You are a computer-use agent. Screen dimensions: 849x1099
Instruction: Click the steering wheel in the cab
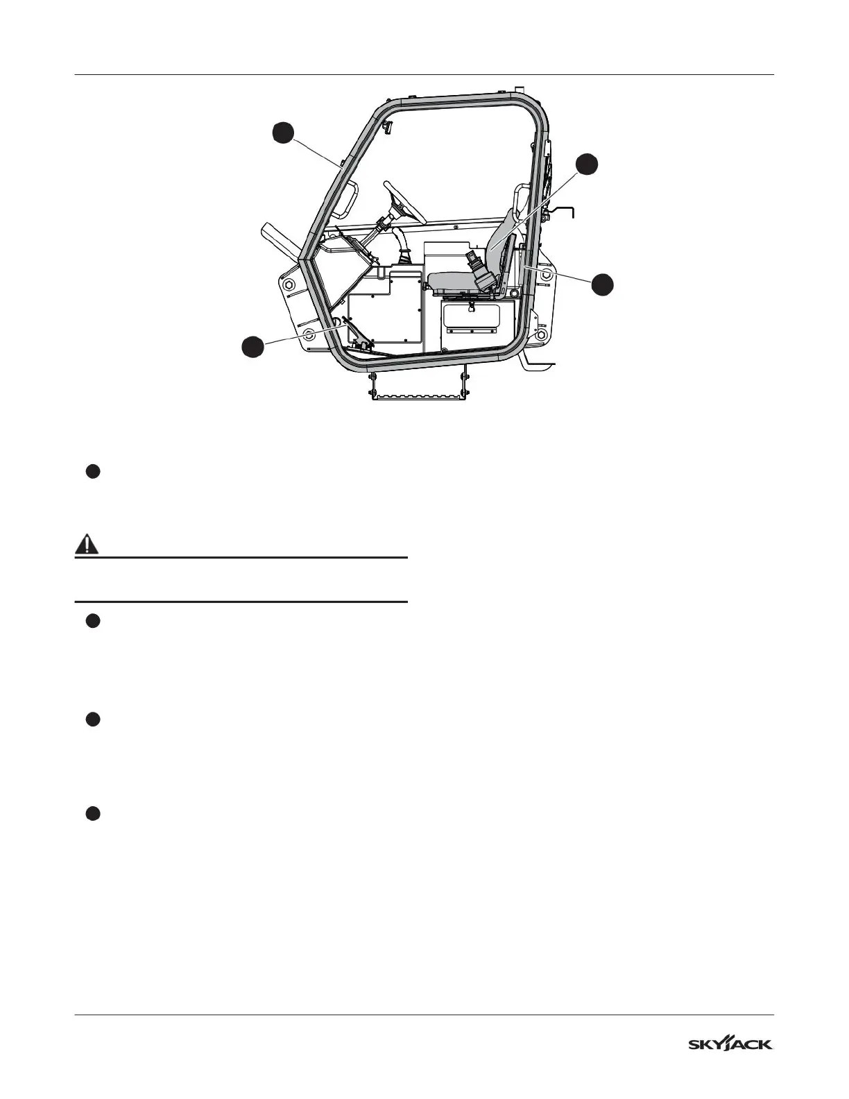click(404, 202)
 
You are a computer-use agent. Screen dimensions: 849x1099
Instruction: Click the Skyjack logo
click(730, 1044)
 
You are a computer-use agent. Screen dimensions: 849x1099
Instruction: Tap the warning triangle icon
click(87, 545)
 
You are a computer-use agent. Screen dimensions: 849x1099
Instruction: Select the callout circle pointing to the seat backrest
click(588, 163)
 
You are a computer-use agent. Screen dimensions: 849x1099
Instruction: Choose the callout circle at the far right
click(603, 284)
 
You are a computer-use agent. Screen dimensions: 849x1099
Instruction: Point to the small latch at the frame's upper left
click(388, 126)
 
